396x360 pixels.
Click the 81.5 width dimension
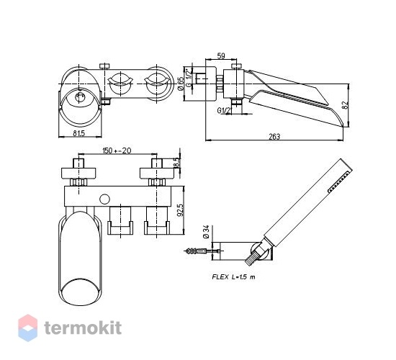(x=78, y=133)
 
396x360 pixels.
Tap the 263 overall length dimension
(x=274, y=137)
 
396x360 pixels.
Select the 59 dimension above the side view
(x=221, y=56)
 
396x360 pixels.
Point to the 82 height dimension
(x=346, y=105)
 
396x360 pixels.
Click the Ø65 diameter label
(x=180, y=84)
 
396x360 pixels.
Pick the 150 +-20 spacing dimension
(x=117, y=150)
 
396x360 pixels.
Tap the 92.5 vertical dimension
(x=179, y=210)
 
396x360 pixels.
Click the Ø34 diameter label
(x=206, y=231)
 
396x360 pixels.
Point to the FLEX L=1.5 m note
(x=233, y=277)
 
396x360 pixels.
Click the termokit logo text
(x=83, y=328)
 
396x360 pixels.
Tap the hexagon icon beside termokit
(x=28, y=328)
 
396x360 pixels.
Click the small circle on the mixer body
(x=104, y=199)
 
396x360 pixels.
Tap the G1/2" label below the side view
(x=224, y=110)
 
